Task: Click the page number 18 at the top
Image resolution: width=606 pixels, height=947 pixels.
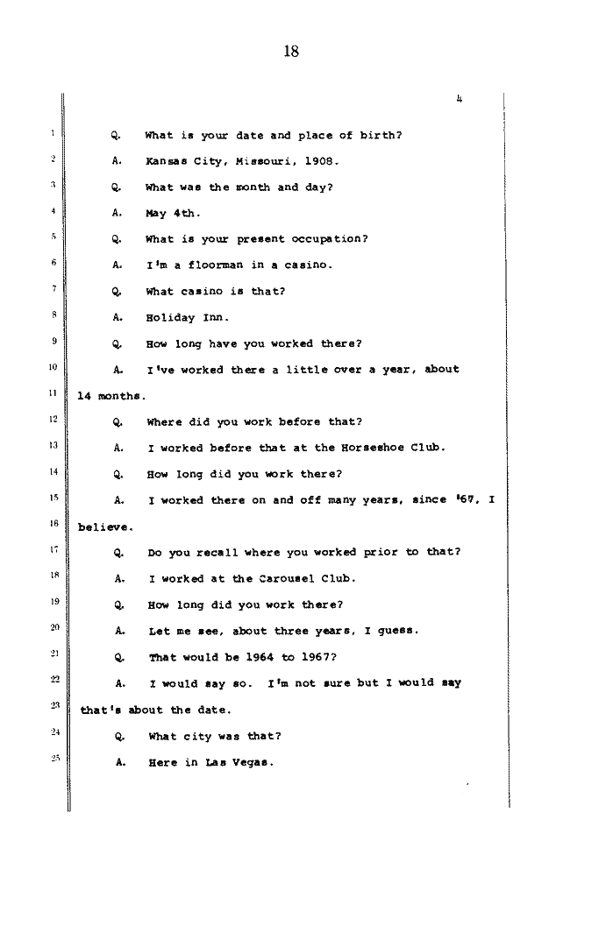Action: (291, 52)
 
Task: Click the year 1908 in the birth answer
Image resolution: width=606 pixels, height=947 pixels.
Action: (321, 161)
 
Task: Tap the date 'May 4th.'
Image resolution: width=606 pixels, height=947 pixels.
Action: (173, 213)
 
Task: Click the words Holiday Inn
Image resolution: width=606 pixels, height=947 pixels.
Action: (188, 318)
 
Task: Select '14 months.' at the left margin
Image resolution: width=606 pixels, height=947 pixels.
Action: (112, 396)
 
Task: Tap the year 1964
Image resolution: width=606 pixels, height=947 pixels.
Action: (260, 657)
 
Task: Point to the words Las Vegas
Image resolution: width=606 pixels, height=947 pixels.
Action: (239, 762)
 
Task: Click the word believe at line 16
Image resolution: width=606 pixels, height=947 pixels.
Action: (105, 527)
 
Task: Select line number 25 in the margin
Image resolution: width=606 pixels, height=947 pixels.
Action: (55, 758)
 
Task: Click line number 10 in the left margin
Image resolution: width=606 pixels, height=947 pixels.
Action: (53, 367)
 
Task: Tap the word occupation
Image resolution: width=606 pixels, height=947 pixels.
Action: (330, 239)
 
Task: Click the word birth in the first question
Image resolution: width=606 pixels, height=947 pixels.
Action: (381, 135)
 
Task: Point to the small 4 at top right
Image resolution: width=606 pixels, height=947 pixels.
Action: (460, 99)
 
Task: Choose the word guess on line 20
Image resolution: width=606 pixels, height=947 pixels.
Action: (398, 631)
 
